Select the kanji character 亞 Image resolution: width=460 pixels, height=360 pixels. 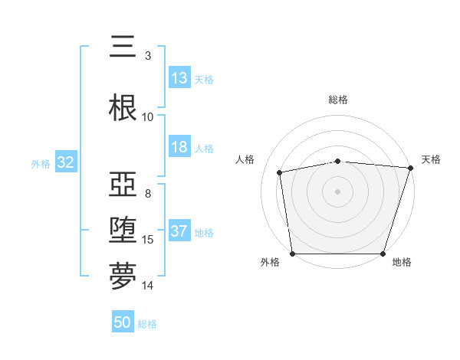(123, 185)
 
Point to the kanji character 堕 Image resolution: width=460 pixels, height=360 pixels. (123, 231)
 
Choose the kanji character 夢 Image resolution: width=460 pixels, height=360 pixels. (123, 277)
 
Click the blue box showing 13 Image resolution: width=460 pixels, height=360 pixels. (179, 77)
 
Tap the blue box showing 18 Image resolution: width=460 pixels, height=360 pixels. (179, 147)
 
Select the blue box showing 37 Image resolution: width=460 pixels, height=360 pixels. (179, 231)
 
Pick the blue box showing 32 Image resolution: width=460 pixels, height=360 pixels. (65, 162)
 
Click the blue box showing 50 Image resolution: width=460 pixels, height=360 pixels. (123, 322)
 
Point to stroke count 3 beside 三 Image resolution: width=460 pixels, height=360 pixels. (148, 55)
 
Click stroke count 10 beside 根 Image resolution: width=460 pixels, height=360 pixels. (148, 117)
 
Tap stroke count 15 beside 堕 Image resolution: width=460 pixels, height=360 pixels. (148, 240)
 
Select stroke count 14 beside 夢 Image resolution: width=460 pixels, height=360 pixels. (148, 286)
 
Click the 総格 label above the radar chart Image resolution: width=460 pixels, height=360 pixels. (338, 100)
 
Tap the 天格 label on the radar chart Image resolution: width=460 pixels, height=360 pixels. (431, 159)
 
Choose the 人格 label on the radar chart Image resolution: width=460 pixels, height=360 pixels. (245, 159)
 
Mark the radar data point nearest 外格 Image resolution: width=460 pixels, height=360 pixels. (292, 254)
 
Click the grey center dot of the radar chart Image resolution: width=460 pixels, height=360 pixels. (338, 191)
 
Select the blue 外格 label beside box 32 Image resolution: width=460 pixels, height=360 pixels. (41, 163)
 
